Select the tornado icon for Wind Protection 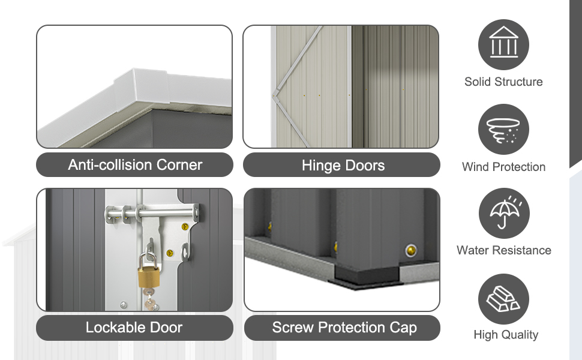[x=503, y=130]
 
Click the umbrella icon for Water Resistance [x=504, y=214]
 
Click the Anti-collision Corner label [x=135, y=165]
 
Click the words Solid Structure [x=503, y=82]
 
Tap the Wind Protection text [x=503, y=167]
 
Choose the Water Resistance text [x=504, y=250]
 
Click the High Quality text [x=506, y=335]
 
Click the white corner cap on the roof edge [x=141, y=89]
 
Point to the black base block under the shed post [x=367, y=275]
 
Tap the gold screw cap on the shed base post [x=410, y=251]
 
